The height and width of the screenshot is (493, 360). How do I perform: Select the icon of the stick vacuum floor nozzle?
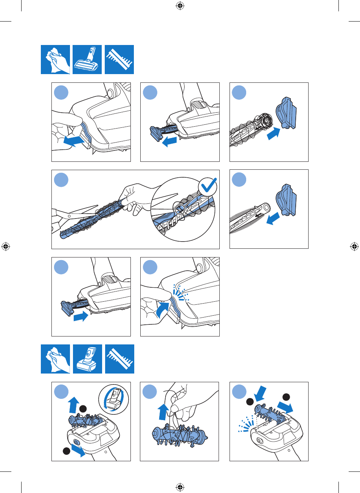(x=87, y=59)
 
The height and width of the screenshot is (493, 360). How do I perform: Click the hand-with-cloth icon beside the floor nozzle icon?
(x=55, y=59)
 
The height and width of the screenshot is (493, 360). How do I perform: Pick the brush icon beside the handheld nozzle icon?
(x=119, y=359)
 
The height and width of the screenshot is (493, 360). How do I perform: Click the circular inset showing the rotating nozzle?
(x=113, y=399)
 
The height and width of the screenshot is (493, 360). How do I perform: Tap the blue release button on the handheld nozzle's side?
(x=74, y=441)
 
